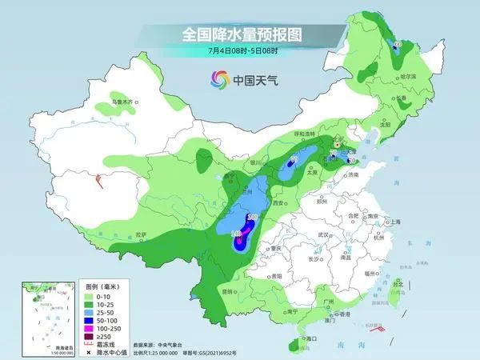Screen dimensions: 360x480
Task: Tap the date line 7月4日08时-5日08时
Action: click(x=239, y=53)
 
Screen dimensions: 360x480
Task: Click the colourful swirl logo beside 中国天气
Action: click(x=218, y=79)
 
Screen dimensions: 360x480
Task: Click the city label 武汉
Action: click(x=324, y=234)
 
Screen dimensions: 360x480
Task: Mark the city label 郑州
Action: click(x=322, y=202)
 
